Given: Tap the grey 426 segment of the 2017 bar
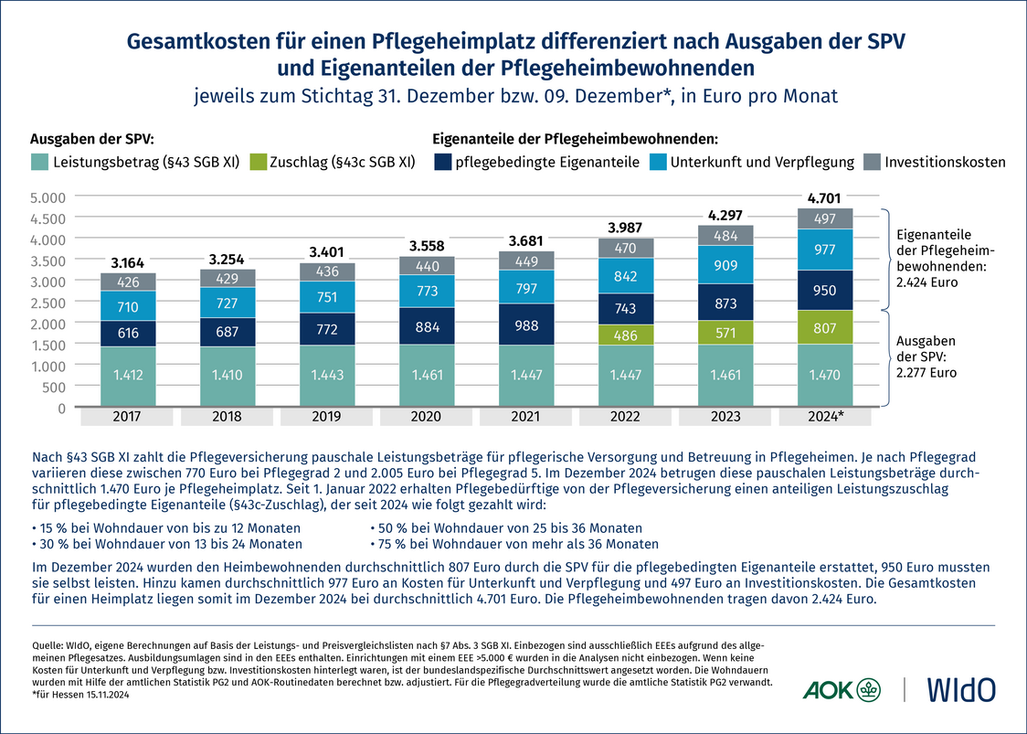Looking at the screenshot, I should coord(129,282).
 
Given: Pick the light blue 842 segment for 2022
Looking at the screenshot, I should coord(625,276).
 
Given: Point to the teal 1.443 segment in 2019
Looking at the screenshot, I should coord(327,376).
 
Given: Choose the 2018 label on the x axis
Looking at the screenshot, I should coord(228,417).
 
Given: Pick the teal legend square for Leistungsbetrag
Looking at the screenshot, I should coord(39,162).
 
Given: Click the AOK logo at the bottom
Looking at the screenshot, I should coord(839,689).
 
